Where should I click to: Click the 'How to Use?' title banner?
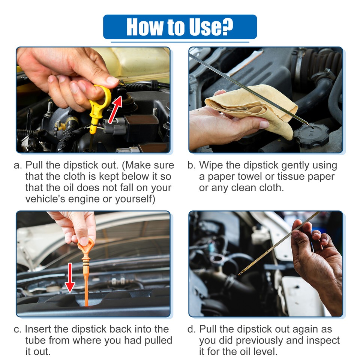(x=180, y=27)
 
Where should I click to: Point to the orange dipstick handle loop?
(x=85, y=248)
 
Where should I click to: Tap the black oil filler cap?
(x=311, y=135)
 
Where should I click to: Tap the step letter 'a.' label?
(x=18, y=165)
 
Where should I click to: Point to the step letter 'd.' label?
(x=192, y=329)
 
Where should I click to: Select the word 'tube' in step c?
(x=36, y=340)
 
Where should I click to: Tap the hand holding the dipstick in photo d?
(x=319, y=262)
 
